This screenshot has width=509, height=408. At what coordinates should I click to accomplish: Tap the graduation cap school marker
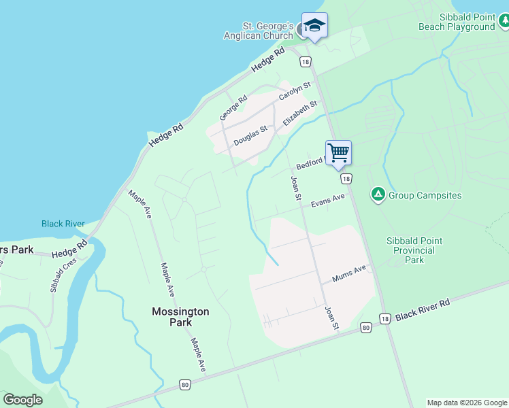pyautogui.click(x=314, y=26)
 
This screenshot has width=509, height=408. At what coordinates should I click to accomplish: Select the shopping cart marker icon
pyautogui.click(x=338, y=152)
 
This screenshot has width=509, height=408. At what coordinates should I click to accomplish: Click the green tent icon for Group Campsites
pyautogui.click(x=378, y=195)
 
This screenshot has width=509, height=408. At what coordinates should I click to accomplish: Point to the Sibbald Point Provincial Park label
pyautogui.click(x=414, y=250)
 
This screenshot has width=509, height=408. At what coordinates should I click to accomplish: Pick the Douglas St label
pyautogui.click(x=250, y=135)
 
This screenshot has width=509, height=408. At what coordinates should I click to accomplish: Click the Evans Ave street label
pyautogui.click(x=328, y=201)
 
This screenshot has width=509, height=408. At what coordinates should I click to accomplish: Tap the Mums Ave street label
pyautogui.click(x=349, y=273)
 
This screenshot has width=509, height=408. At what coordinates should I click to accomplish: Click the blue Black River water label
pyautogui.click(x=63, y=224)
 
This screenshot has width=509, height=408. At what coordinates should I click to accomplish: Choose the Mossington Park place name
pyautogui.click(x=180, y=317)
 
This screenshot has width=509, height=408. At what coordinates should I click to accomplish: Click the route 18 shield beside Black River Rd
pyautogui.click(x=385, y=319)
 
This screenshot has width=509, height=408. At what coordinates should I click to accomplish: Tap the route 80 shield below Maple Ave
pyautogui.click(x=185, y=385)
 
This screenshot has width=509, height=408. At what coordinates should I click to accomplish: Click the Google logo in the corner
pyautogui.click(x=22, y=400)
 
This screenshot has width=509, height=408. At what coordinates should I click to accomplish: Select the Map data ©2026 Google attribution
pyautogui.click(x=467, y=403)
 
